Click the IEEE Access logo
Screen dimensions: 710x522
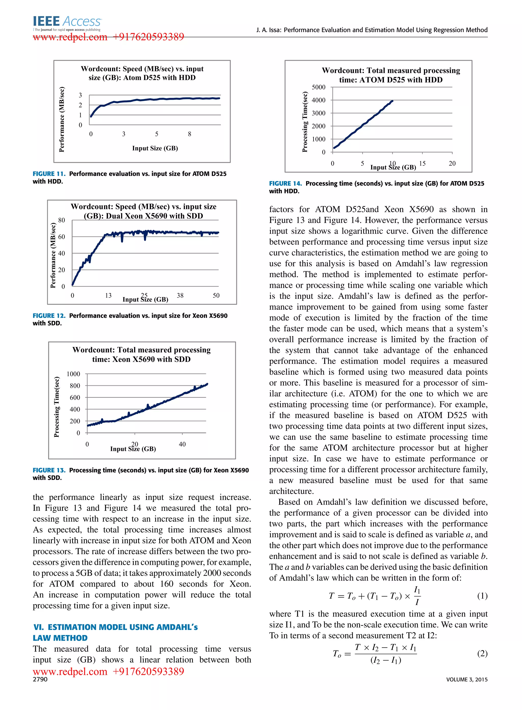pyautogui.click(x=67, y=23)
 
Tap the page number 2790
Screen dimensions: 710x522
pyautogui.click(x=40, y=679)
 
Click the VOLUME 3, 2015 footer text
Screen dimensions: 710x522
pyautogui.click(x=467, y=679)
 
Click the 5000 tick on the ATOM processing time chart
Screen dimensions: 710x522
pyautogui.click(x=319, y=87)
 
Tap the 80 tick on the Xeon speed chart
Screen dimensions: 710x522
pyautogui.click(x=62, y=220)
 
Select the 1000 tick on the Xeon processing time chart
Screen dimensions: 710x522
pyautogui.click(x=73, y=374)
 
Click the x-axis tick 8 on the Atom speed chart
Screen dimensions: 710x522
pyautogui.click(x=190, y=134)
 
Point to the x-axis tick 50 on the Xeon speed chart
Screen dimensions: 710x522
pyautogui.click(x=216, y=296)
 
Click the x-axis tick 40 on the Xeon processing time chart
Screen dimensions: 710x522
pyautogui.click(x=182, y=445)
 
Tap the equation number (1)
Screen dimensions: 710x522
pyautogui.click(x=482, y=596)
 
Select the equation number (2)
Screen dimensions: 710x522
pyautogui.click(x=482, y=653)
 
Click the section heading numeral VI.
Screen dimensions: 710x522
pyautogui.click(x=38, y=627)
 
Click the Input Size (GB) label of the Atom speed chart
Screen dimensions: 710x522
pyautogui.click(x=155, y=148)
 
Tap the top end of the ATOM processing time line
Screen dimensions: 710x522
pyautogui.click(x=392, y=101)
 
